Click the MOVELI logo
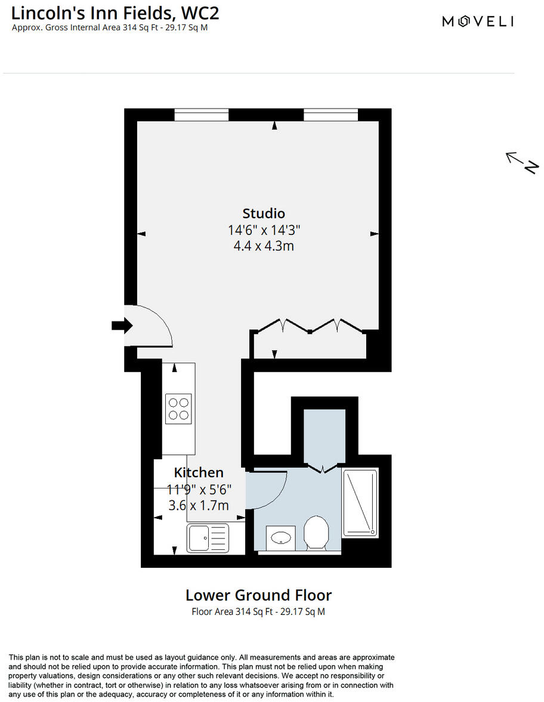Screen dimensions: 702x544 tap(477, 21)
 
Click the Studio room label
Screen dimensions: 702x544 tap(264, 213)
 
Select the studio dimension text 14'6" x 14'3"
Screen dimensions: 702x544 tap(264, 230)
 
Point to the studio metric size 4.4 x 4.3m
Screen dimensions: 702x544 tap(264, 245)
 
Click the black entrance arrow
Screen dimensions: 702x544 tap(122, 325)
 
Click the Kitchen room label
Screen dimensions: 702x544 tap(199, 472)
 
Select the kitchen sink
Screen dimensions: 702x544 tap(206, 537)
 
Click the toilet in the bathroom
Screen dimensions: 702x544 tap(316, 532)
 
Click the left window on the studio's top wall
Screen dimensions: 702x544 tap(202, 115)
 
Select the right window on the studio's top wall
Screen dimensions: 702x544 tap(330, 115)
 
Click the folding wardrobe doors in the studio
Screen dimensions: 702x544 tap(309, 326)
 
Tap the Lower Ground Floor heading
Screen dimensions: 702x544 tap(258, 595)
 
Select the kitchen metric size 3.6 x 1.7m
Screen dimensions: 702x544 tap(199, 505)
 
